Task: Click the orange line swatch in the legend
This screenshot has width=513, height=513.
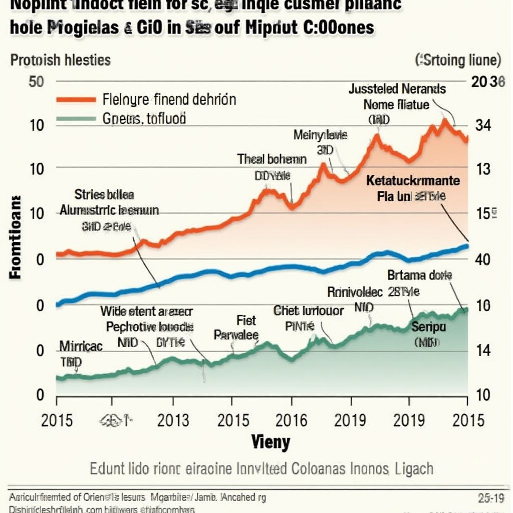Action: [76, 99]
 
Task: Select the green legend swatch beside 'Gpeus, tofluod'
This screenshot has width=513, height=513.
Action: [76, 119]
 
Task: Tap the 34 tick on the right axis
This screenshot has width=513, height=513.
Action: [482, 126]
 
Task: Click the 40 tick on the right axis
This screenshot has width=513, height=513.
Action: [482, 260]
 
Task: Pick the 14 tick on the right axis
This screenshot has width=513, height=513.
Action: [482, 351]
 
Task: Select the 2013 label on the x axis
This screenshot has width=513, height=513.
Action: [173, 419]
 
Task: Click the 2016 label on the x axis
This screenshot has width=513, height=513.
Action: [292, 419]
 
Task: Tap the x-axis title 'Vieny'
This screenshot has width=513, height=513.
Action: [270, 442]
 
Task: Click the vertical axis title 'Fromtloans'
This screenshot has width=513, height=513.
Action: [15, 236]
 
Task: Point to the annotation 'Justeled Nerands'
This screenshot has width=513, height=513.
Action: [397, 89]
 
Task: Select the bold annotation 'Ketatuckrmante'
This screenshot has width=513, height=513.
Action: [412, 180]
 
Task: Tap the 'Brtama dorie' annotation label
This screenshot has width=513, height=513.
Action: [420, 275]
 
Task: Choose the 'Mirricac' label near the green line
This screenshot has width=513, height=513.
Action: [81, 346]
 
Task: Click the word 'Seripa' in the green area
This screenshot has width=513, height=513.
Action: [428, 327]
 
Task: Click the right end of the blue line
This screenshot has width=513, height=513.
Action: [467, 245]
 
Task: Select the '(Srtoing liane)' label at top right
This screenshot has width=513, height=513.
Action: [458, 61]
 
